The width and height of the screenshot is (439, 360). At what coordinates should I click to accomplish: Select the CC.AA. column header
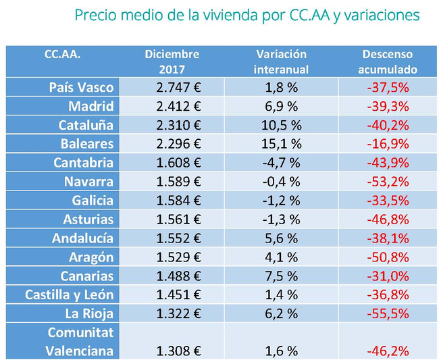pyautogui.click(x=62, y=54)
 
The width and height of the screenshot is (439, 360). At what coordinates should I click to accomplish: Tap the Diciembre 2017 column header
pyautogui.click(x=172, y=61)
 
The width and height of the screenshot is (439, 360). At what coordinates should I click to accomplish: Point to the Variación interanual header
pyautogui.click(x=281, y=61)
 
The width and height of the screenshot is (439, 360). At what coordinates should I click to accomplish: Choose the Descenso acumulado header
pyautogui.click(x=387, y=61)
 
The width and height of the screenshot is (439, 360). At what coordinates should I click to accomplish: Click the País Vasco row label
pyautogui.click(x=82, y=87)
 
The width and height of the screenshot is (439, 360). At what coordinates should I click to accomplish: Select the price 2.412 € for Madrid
pyautogui.click(x=178, y=106)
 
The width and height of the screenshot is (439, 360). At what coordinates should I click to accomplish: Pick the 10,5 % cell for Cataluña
pyautogui.click(x=281, y=125)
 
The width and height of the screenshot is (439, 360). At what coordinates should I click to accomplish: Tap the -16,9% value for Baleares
pyautogui.click(x=387, y=144)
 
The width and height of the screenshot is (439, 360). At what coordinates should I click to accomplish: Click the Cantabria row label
pyautogui.click(x=84, y=163)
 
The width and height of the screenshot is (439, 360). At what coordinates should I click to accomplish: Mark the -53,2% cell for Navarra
pyautogui.click(x=387, y=182)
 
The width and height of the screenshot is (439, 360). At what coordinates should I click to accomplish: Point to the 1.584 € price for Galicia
pyautogui.click(x=178, y=201)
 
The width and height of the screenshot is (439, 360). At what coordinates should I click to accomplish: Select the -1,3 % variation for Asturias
pyautogui.click(x=281, y=220)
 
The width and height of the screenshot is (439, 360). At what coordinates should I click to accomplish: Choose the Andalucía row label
pyautogui.click(x=83, y=238)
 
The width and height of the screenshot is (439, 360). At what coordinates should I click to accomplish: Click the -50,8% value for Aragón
pyautogui.click(x=387, y=257)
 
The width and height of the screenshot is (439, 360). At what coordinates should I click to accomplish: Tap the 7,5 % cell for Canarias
pyautogui.click(x=281, y=276)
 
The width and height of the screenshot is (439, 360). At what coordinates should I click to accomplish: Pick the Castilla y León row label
pyautogui.click(x=70, y=295)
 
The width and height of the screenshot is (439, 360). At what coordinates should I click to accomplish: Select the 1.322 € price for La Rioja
pyautogui.click(x=178, y=314)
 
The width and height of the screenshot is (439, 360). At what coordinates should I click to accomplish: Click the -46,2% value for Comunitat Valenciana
pyautogui.click(x=387, y=351)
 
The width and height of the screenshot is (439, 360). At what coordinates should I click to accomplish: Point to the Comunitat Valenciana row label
pyautogui.click(x=80, y=342)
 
